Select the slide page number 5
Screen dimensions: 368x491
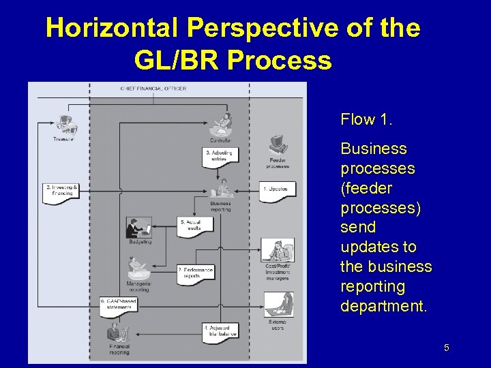(x=446, y=349)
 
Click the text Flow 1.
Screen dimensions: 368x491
(x=366, y=120)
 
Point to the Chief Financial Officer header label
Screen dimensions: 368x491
(x=153, y=89)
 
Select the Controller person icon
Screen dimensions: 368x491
(x=220, y=125)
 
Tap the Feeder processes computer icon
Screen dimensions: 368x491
(x=277, y=144)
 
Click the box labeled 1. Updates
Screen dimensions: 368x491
(x=278, y=189)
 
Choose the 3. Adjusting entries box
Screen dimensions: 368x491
(x=219, y=155)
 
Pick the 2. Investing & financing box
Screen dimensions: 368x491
(x=62, y=190)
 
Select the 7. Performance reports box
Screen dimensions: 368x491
(x=196, y=273)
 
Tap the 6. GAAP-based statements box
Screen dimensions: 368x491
(x=119, y=304)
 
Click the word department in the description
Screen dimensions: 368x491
(x=383, y=306)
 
